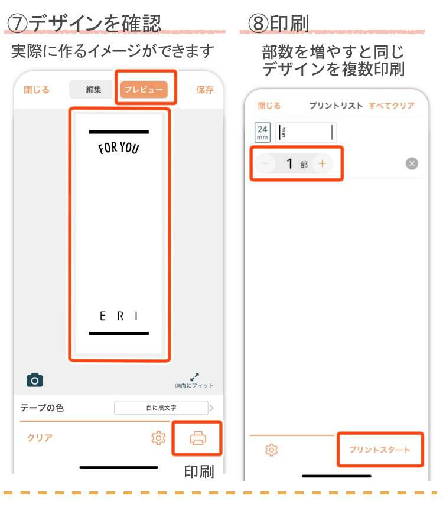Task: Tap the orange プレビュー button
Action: (x=144, y=90)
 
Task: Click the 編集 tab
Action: (x=93, y=90)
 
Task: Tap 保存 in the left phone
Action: (x=205, y=90)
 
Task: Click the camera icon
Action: (x=35, y=380)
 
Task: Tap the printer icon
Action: (x=197, y=438)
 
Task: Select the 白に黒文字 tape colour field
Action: (x=161, y=408)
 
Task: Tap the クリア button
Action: (x=40, y=438)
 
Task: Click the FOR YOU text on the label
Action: (x=119, y=147)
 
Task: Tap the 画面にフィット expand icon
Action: (x=194, y=376)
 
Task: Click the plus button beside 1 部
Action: (x=322, y=164)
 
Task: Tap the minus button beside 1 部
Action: (x=266, y=164)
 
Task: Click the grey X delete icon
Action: (x=412, y=164)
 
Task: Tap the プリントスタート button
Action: (x=379, y=450)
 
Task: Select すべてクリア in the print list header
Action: (x=391, y=106)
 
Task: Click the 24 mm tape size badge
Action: (x=262, y=132)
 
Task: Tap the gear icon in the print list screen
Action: (x=271, y=450)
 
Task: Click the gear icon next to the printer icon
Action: (x=158, y=438)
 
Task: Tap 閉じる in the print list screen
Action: (x=269, y=106)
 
